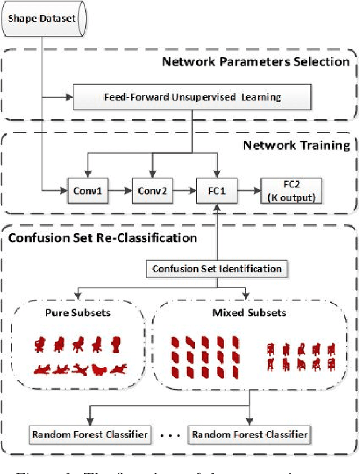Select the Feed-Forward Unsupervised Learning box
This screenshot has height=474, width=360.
coord(192,97)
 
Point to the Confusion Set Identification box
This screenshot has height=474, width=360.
coord(217,269)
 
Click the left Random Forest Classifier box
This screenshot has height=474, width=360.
coord(90,434)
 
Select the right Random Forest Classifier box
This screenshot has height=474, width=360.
coord(250,434)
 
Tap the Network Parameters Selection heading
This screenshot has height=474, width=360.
coord(255,61)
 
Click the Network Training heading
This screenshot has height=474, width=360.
coord(296,145)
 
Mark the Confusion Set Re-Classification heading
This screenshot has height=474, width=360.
coord(102,238)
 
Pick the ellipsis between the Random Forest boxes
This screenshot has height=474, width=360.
coord(170,435)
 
